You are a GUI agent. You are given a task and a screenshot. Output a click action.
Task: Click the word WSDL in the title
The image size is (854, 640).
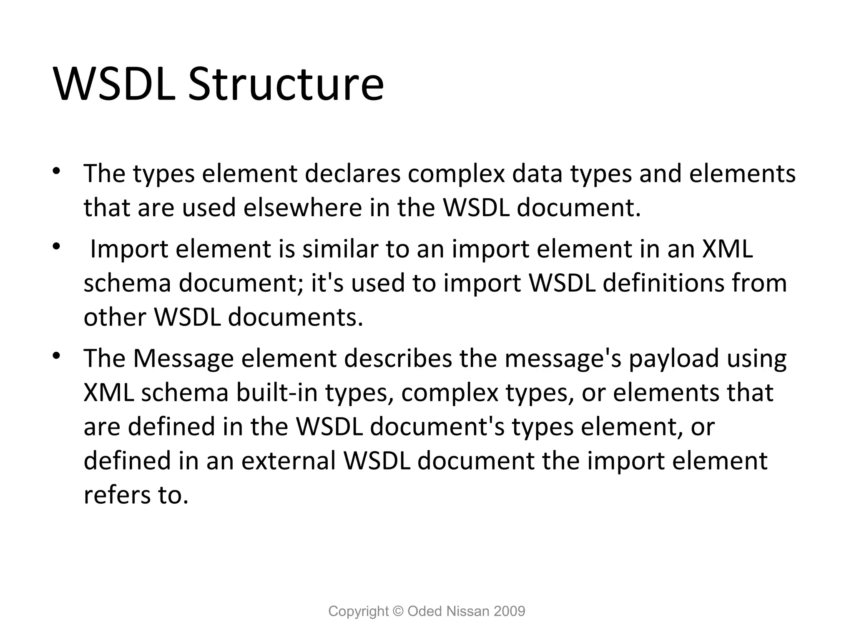tap(115, 84)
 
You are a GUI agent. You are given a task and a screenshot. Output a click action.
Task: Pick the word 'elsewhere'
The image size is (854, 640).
tap(303, 207)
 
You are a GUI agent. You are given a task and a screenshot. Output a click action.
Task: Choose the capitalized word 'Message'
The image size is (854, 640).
tap(183, 358)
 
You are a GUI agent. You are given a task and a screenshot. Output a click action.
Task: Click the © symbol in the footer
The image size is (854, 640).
tap(398, 611)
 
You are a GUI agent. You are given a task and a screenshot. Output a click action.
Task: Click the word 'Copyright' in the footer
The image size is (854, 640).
tap(358, 611)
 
